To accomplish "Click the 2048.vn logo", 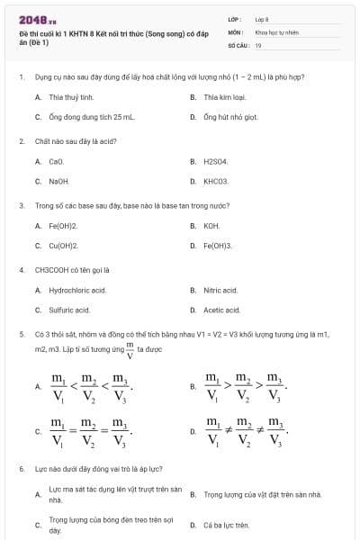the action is [38, 20].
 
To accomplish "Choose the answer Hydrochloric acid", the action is [77, 291].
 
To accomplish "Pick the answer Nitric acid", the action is [220, 291].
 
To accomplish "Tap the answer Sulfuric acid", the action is [69, 310].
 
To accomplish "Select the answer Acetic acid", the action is [221, 310].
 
